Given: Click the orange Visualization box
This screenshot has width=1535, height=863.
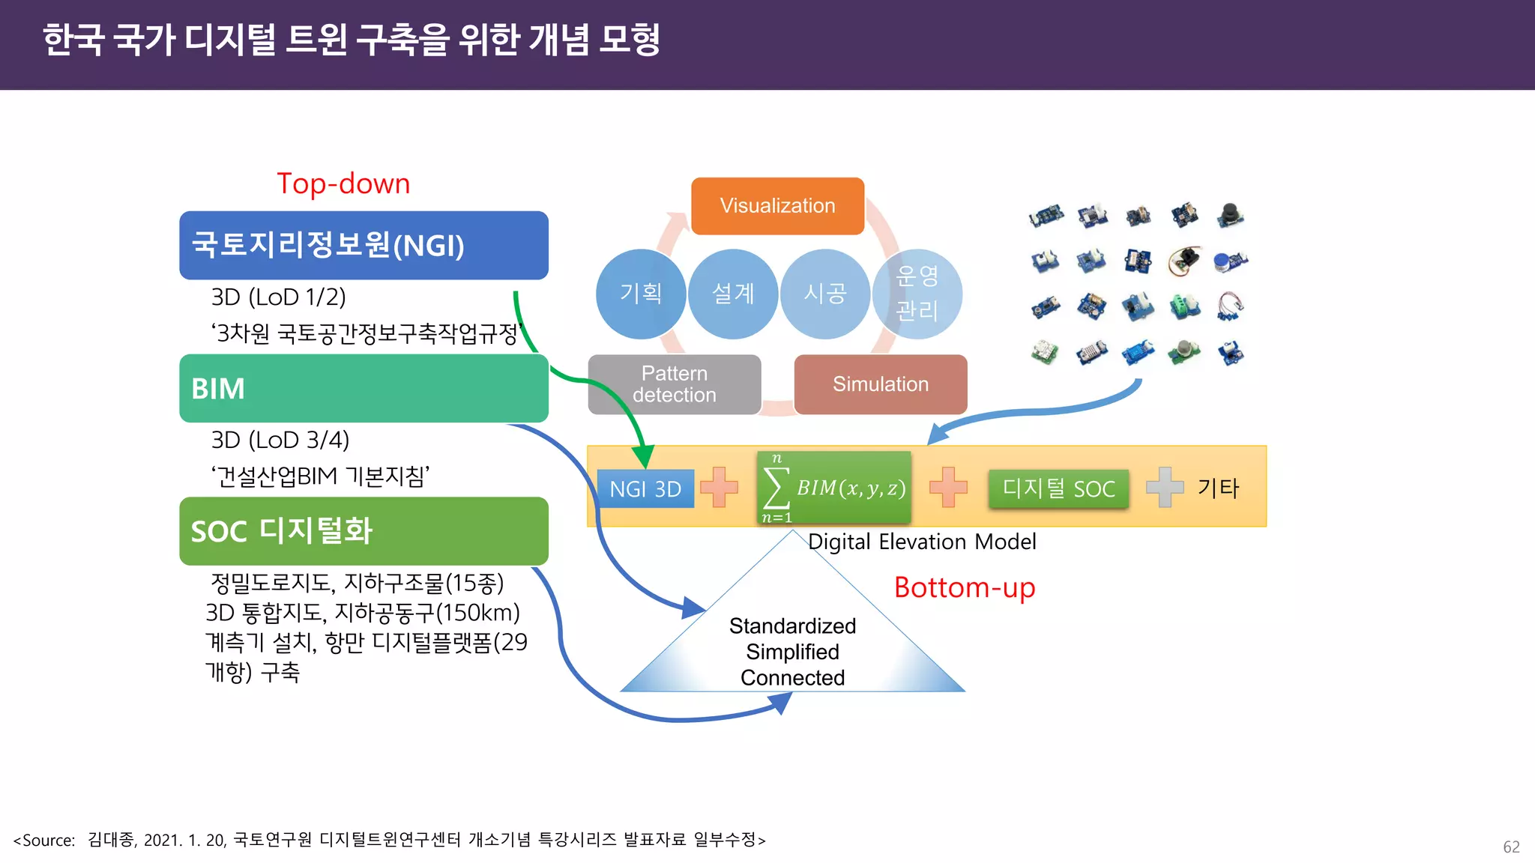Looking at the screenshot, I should coord(777,206).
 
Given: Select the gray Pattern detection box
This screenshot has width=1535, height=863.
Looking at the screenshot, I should coord(674,384).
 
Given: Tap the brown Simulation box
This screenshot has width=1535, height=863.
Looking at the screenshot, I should coord(880,384).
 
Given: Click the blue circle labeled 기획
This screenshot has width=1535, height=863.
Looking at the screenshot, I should coord(640,294).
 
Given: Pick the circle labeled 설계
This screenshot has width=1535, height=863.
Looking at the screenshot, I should coord(732,294).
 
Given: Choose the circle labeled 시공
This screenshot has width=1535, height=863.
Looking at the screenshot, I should coord(824,294).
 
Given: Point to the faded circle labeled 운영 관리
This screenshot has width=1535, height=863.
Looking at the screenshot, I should coord(917,294).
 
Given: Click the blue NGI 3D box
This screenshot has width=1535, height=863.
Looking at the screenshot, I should coord(645,489).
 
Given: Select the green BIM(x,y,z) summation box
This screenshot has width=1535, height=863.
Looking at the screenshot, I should coord(833,488).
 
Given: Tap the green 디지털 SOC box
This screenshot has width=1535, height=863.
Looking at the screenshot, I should coord(1058,489).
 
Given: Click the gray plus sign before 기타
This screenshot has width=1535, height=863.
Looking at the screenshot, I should coord(1165,488).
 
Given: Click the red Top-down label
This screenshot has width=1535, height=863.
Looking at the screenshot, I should coord(343,184).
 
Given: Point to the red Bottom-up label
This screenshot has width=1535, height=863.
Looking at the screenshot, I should coord(965,588).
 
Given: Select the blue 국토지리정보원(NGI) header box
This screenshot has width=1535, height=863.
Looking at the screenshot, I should coord(364,246).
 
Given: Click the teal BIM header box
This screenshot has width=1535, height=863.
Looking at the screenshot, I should coord(364,389).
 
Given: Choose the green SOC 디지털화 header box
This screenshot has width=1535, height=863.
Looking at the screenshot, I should coord(364,531).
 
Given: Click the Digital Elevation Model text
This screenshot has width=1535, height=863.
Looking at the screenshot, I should coord(922,542).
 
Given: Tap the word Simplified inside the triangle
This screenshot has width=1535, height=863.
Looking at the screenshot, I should coord(792,652).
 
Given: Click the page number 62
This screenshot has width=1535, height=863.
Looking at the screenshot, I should coord(1511,847).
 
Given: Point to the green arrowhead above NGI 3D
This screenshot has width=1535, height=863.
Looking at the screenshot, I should coord(643,456).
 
